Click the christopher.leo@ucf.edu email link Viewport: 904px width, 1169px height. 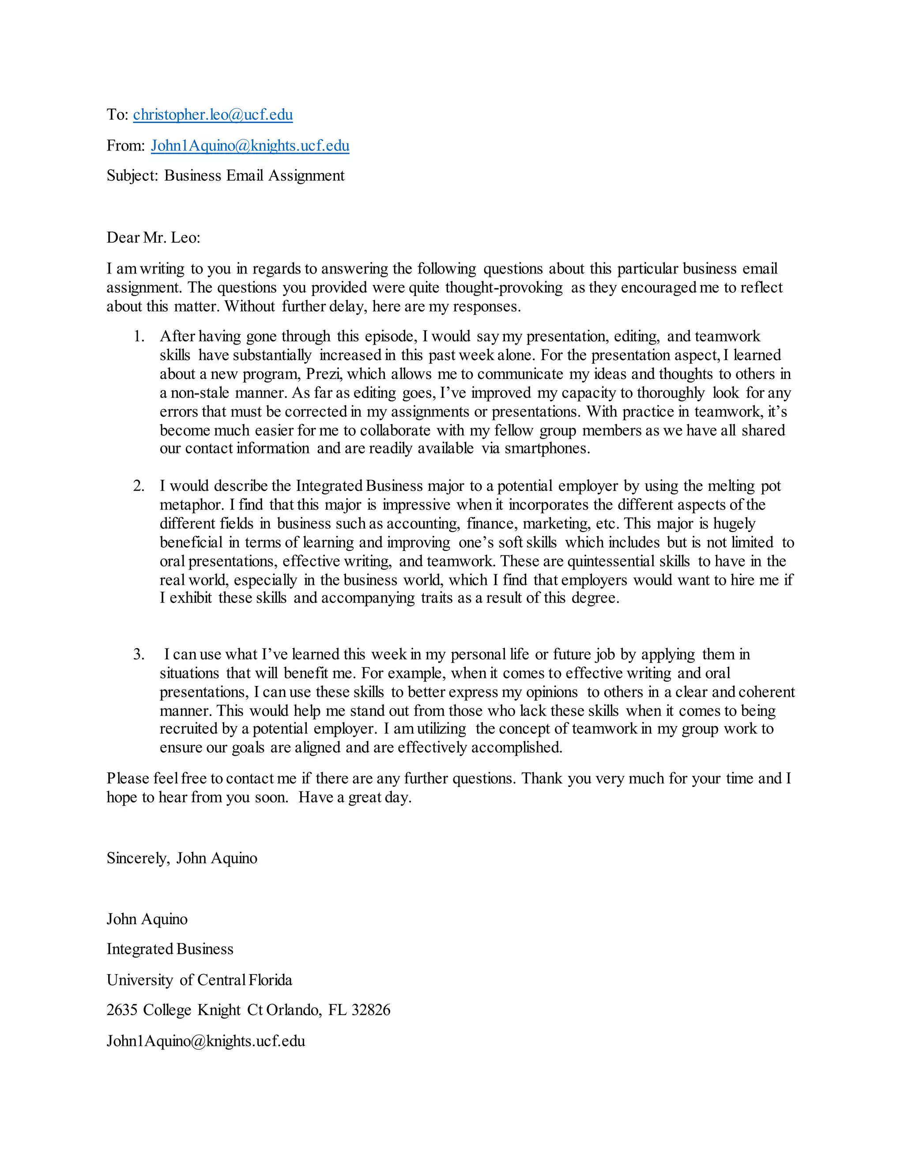[213, 115]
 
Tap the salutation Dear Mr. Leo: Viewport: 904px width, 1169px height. [153, 238]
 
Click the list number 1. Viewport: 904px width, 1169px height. [139, 337]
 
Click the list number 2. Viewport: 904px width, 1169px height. [139, 486]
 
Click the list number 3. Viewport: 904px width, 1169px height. [139, 655]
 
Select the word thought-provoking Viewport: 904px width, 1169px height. [503, 288]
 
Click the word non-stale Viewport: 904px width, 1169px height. [200, 393]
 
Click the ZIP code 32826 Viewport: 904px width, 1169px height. [371, 1010]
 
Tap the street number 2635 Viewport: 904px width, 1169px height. [121, 1010]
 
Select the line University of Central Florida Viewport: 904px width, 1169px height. [199, 980]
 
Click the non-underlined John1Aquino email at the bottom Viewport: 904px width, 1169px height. [206, 1041]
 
